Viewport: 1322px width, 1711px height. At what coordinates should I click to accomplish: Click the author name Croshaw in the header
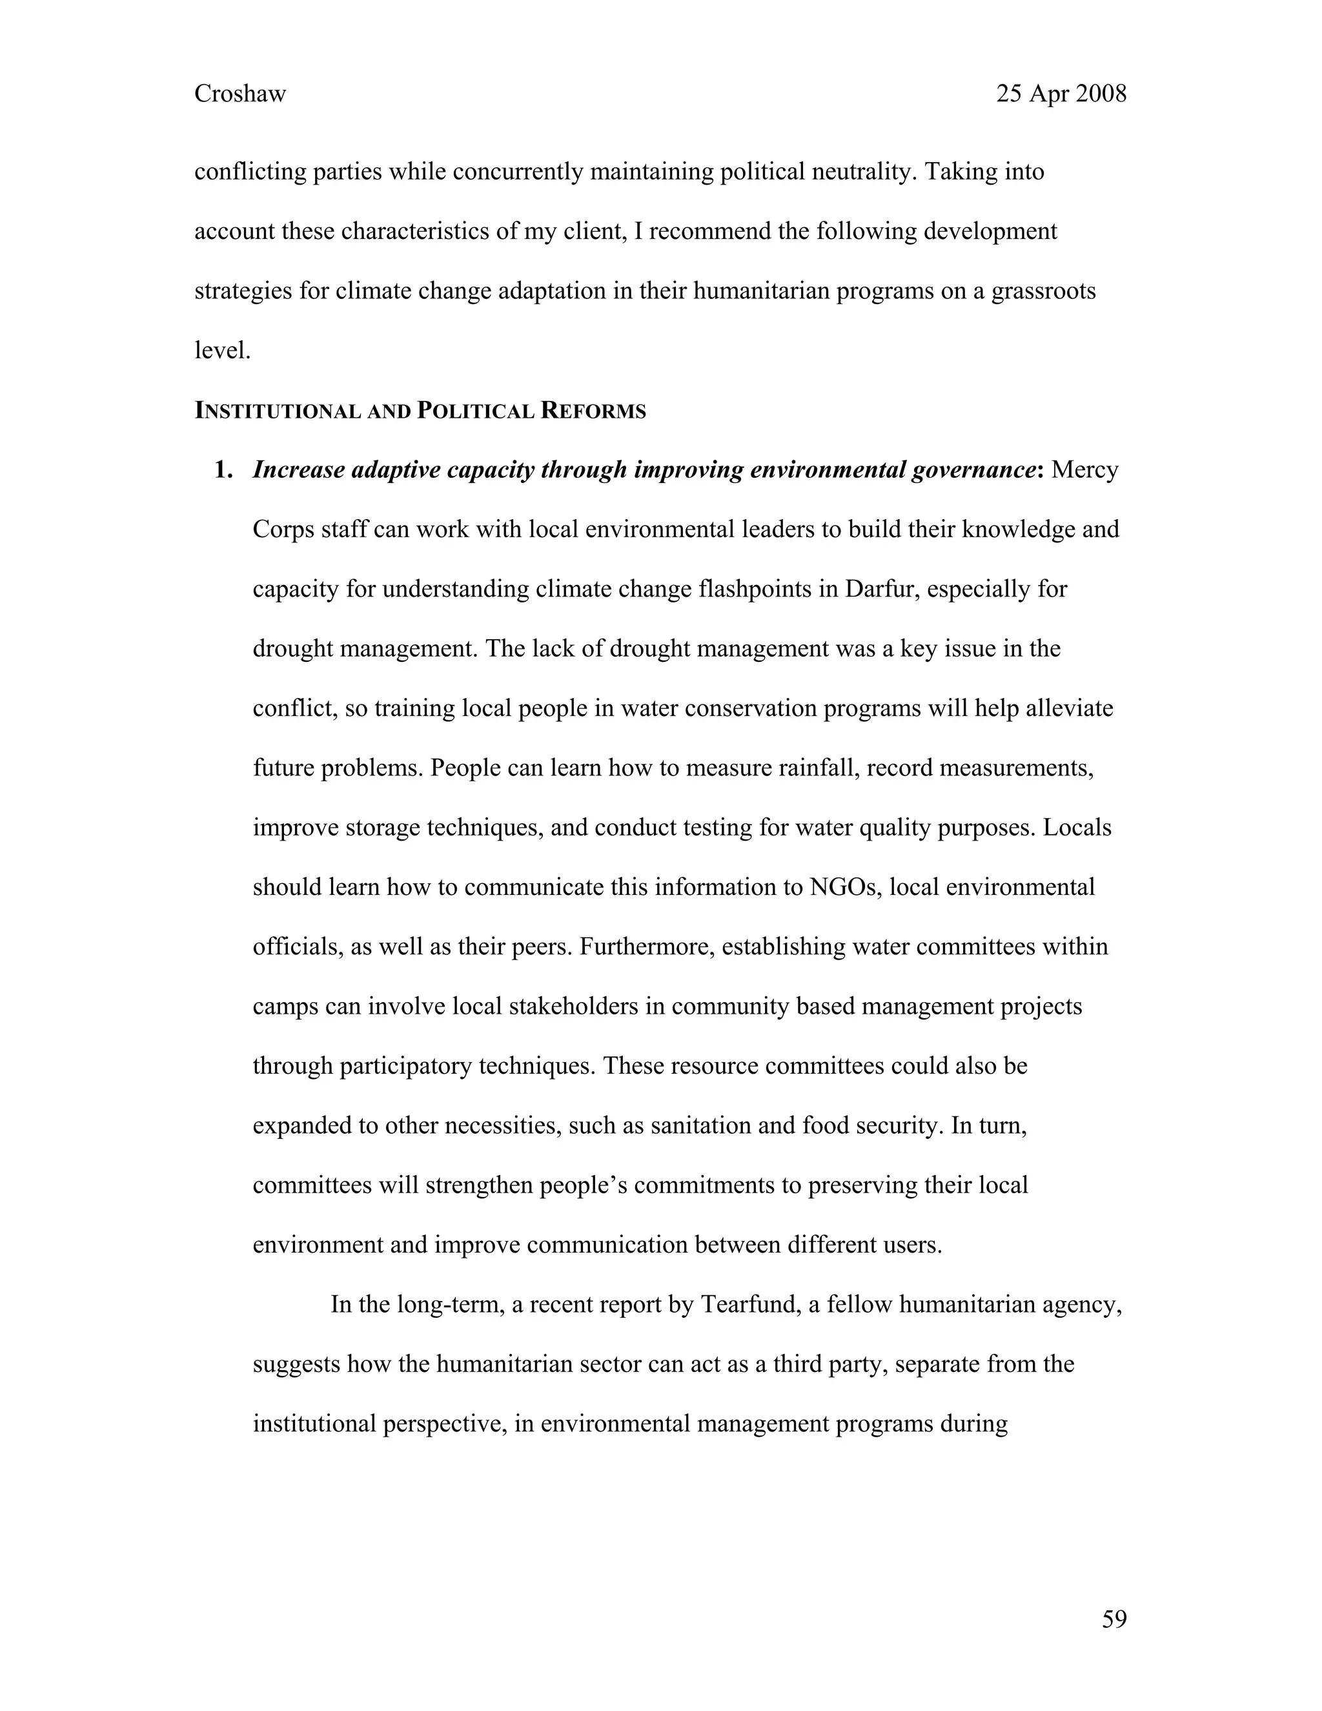pos(239,94)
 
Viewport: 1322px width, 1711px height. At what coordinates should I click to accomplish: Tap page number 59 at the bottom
pos(1114,1619)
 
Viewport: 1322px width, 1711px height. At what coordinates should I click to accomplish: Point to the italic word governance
pos(973,470)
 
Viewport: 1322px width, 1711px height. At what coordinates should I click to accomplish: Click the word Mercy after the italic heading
pos(1084,470)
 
